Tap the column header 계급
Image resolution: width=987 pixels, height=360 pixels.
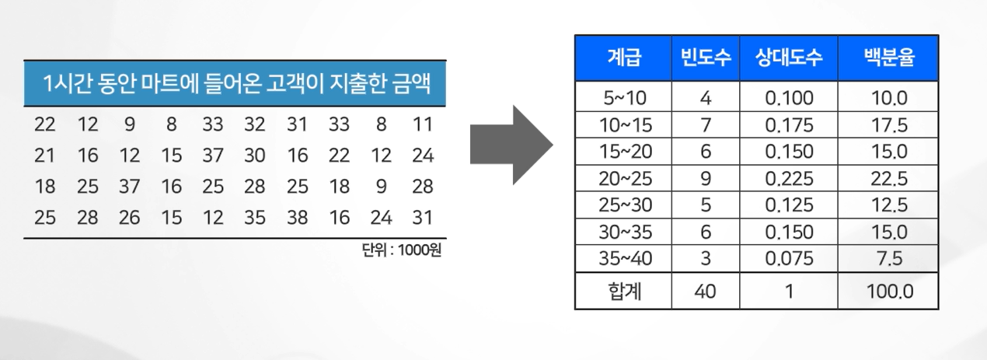[623, 58]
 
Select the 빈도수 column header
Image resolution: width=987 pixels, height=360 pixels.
[706, 58]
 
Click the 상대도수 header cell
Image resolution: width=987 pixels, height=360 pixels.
[788, 58]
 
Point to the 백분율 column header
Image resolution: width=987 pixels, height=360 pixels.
[887, 58]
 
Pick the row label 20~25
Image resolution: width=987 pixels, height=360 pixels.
[623, 179]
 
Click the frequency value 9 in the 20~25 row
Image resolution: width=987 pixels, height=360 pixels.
[706, 179]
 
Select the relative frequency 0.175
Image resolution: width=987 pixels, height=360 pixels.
[789, 125]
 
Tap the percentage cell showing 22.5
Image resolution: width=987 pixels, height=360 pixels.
[888, 179]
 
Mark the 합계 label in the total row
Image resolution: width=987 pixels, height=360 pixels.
[623, 292]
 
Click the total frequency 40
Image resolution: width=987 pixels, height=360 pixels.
[706, 292]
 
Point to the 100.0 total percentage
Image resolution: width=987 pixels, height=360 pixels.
[888, 292]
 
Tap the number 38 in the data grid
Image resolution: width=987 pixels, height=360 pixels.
[297, 218]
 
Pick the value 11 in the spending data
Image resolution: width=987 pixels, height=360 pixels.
[423, 124]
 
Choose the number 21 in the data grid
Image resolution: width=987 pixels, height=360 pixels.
[45, 156]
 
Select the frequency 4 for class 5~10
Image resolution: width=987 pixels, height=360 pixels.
[706, 99]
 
